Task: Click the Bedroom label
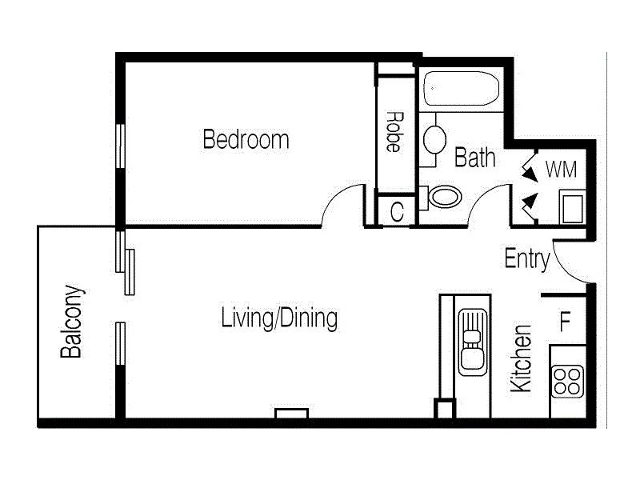click(246, 140)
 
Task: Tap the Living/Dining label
click(278, 318)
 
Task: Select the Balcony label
click(72, 322)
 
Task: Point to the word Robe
click(393, 131)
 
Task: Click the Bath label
click(474, 158)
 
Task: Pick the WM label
click(561, 170)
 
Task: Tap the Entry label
click(527, 259)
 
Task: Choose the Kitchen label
click(521, 358)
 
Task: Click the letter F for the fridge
click(565, 322)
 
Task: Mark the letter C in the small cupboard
click(397, 212)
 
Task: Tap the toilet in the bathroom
click(442, 197)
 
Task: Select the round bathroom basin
click(434, 138)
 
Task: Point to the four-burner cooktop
click(567, 380)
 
